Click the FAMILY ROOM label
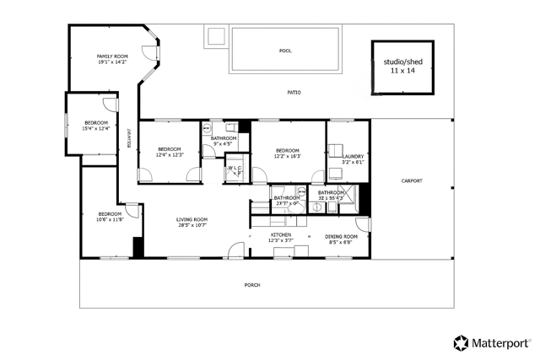point(111,56)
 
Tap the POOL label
point(285,51)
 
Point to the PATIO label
point(294,93)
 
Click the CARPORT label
point(411,180)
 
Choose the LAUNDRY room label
point(353,156)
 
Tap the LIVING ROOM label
point(192,219)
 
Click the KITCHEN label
point(281,235)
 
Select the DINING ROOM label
point(342,236)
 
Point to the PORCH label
point(252,285)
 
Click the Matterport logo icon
point(462,342)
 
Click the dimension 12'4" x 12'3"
point(170,155)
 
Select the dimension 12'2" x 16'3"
point(287,156)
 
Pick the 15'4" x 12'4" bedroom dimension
point(95,128)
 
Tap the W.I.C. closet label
point(237,169)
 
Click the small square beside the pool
point(214,36)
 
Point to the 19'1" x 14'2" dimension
point(111,62)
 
